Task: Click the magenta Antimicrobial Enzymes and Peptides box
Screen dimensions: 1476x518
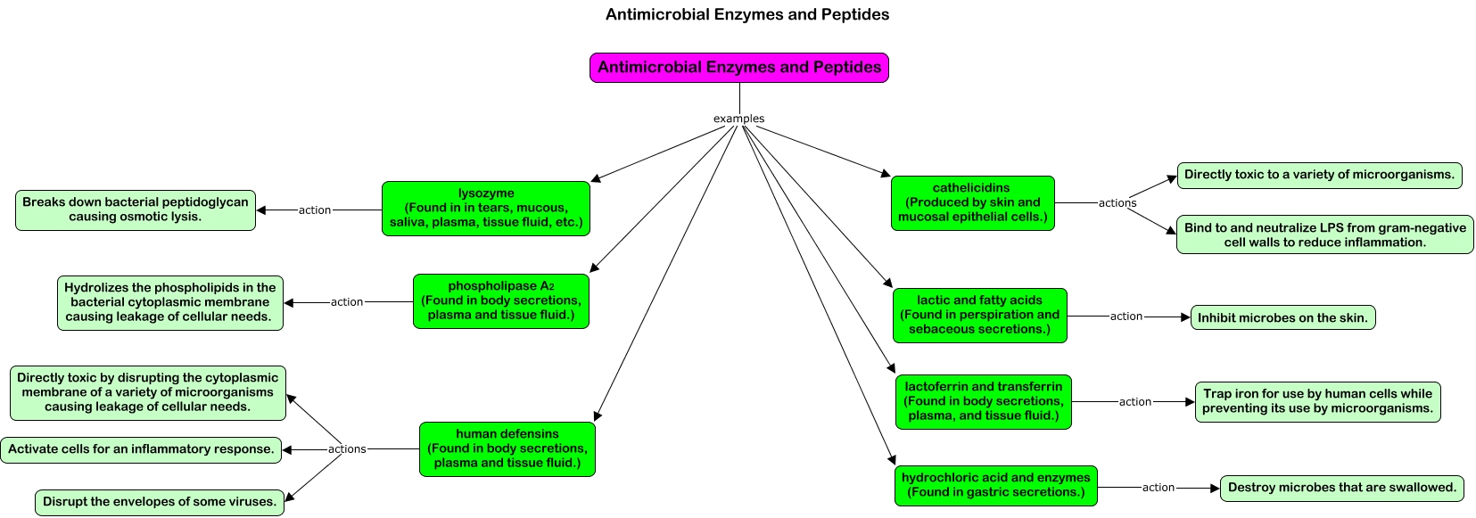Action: point(738,68)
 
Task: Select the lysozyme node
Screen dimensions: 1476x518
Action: point(486,209)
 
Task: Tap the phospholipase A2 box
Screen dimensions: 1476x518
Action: point(501,301)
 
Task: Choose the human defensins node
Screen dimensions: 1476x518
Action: point(507,448)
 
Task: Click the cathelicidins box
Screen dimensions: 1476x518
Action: point(973,203)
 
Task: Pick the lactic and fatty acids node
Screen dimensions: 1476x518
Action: point(979,316)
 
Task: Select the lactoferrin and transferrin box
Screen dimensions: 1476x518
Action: point(983,402)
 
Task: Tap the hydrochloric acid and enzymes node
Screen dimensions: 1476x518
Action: point(995,486)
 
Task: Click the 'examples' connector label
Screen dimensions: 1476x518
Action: point(738,119)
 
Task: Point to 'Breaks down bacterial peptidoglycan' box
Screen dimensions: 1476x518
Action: point(135,210)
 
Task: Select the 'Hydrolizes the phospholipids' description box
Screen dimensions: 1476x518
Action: point(170,303)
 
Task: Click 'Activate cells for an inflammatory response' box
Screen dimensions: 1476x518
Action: point(141,450)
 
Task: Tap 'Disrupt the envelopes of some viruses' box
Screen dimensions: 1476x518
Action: point(160,502)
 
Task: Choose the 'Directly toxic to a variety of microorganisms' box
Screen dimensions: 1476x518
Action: point(1319,176)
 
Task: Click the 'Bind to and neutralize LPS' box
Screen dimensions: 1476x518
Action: point(1324,234)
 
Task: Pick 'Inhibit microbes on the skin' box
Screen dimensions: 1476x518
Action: point(1282,317)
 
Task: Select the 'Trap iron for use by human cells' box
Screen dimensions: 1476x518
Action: point(1317,402)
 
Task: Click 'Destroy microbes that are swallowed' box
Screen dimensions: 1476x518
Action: point(1341,489)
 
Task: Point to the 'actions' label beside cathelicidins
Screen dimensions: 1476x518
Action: point(1117,203)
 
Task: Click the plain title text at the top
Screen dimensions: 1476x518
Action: point(747,14)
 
